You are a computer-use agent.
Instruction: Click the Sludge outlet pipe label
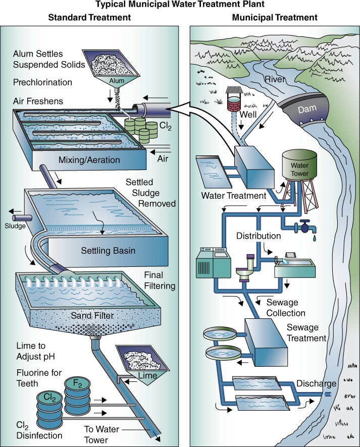[14, 226]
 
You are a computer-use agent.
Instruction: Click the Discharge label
[316, 383]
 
